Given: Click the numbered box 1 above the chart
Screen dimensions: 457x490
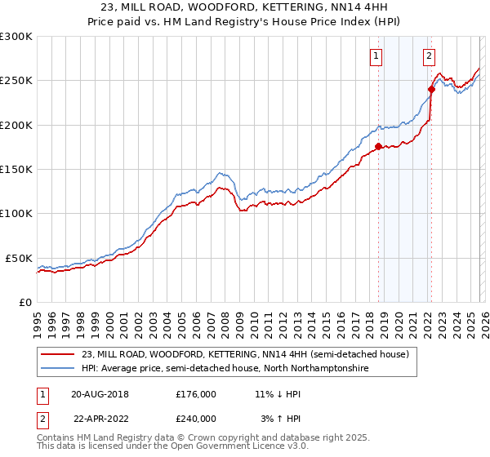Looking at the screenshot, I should tap(376, 56).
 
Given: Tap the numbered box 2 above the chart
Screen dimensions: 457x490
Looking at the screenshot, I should tap(429, 56).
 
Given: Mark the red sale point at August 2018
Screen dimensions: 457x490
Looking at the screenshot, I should tap(378, 147).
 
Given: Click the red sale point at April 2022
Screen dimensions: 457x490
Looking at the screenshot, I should tap(431, 90).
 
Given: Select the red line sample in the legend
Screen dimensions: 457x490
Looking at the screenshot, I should tap(58, 354).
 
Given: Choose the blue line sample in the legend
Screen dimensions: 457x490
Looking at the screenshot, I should tap(58, 369).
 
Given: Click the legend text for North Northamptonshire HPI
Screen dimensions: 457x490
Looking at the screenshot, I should tap(225, 369).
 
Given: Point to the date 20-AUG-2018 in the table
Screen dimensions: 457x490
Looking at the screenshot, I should tap(100, 393).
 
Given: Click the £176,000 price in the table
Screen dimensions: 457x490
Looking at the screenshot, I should tap(195, 393).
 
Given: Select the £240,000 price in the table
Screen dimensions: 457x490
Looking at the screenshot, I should tap(195, 418).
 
